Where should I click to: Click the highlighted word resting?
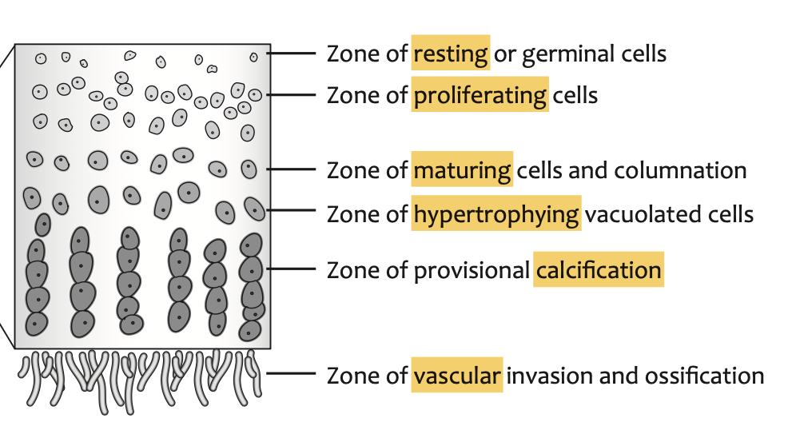tap(450, 54)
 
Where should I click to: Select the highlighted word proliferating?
tap(480, 96)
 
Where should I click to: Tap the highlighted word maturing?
tap(462, 170)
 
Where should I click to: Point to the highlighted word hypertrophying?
tap(496, 214)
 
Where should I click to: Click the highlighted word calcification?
tap(599, 270)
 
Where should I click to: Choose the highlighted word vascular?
tap(457, 375)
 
